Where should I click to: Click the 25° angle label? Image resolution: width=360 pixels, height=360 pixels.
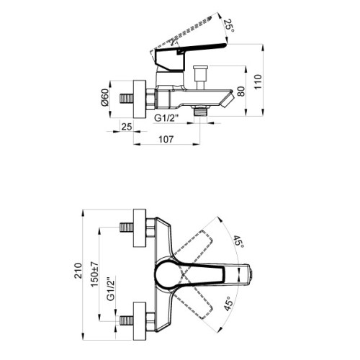(229, 26)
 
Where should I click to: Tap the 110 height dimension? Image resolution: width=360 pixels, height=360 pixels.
(258, 82)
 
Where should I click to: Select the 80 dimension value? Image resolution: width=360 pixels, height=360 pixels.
(241, 91)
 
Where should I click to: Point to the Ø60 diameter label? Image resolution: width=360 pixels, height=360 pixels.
(105, 97)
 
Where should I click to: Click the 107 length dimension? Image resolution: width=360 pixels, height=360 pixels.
(166, 139)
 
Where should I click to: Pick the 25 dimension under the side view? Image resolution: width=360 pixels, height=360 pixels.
(127, 127)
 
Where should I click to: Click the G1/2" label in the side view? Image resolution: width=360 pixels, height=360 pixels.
(166, 118)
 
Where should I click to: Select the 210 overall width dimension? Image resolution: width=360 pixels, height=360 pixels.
(78, 271)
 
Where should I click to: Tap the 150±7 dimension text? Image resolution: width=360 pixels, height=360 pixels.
(94, 274)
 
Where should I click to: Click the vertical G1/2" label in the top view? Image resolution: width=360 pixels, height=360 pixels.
(111, 289)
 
